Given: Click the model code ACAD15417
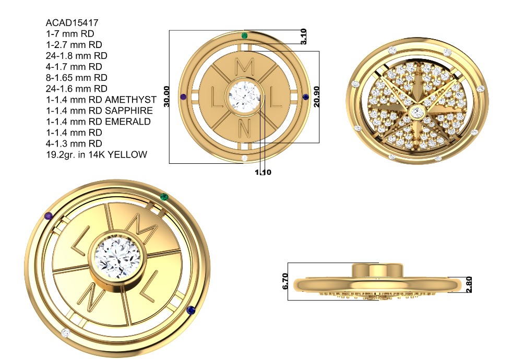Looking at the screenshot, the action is (x=72, y=23).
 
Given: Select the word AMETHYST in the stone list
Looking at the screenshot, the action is (x=130, y=100).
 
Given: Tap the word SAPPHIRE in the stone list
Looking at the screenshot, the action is (x=129, y=111).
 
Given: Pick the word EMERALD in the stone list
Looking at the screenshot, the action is (x=128, y=122).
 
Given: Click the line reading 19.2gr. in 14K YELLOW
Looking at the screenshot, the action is (x=97, y=154).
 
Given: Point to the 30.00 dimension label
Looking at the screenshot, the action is (x=167, y=97).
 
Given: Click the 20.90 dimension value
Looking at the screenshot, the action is (x=316, y=97).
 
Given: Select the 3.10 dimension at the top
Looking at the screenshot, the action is (x=303, y=37).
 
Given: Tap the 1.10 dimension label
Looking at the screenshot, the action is (x=264, y=172).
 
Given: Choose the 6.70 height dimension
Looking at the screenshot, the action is (x=285, y=282).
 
